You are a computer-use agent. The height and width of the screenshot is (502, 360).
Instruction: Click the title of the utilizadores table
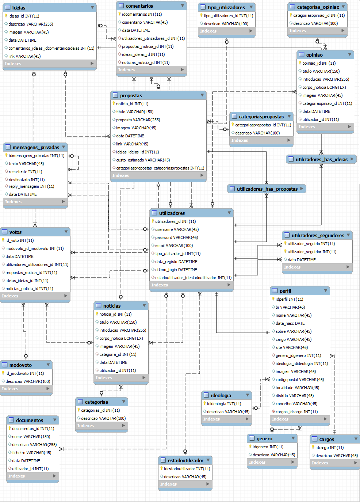(x=172, y=213)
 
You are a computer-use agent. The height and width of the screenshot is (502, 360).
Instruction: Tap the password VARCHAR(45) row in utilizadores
(x=176, y=237)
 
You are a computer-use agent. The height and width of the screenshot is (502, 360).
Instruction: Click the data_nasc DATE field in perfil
(x=290, y=323)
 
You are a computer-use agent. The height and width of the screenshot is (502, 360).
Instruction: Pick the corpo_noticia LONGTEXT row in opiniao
(x=324, y=87)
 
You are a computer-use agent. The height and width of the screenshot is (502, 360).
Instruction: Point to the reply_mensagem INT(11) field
(x=31, y=186)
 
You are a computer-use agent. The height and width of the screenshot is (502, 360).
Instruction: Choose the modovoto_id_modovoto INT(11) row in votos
(x=34, y=248)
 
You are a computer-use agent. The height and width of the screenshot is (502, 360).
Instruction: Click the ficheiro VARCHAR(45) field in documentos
(x=31, y=453)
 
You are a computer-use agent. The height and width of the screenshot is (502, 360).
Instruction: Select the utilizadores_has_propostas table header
(x=267, y=189)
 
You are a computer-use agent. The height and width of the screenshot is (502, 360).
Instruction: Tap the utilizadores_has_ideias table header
(x=321, y=159)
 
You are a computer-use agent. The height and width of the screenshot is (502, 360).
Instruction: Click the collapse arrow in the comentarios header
(x=183, y=6)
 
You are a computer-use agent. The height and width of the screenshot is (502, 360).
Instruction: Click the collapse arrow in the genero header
(x=293, y=438)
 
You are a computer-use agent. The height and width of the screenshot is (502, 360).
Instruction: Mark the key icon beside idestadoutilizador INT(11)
(x=161, y=468)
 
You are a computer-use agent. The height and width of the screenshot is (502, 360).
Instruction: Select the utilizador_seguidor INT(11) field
(x=312, y=252)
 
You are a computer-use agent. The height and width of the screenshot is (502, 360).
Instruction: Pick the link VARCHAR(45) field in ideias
(x=24, y=56)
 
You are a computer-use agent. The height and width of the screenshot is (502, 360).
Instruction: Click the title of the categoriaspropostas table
(x=261, y=117)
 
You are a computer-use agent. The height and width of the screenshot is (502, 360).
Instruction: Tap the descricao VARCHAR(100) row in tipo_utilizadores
(x=226, y=24)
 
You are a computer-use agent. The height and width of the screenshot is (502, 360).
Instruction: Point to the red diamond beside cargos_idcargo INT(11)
(x=273, y=411)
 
